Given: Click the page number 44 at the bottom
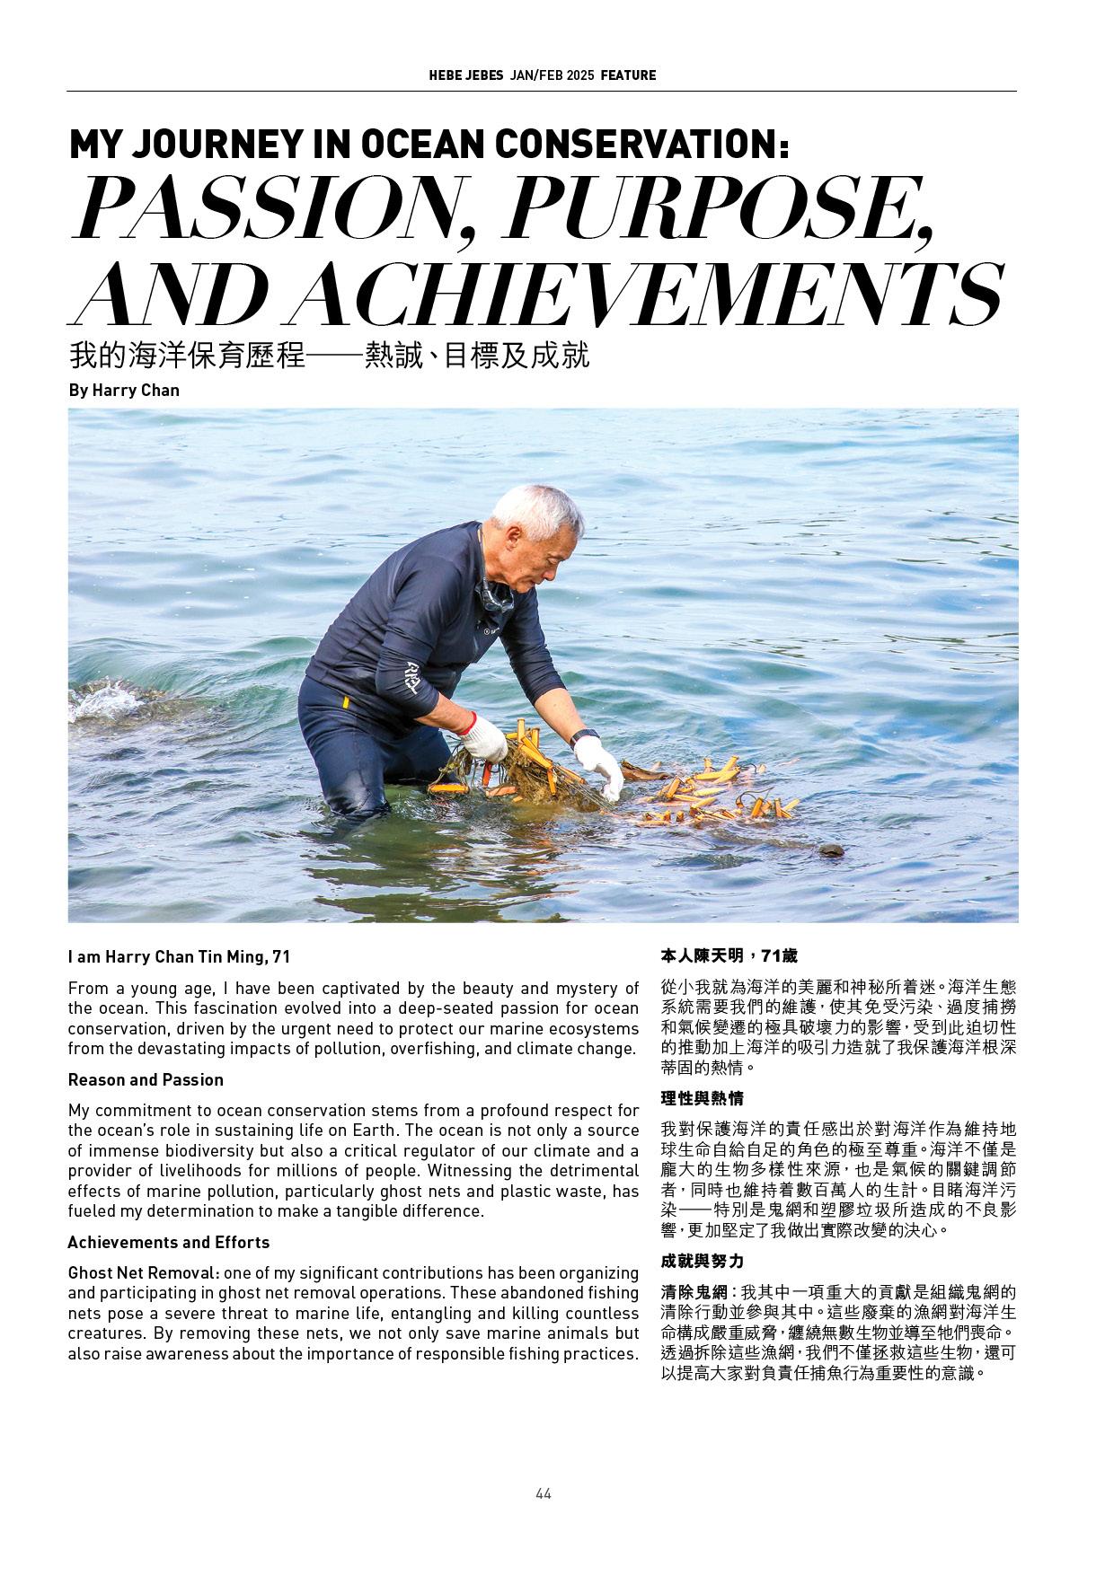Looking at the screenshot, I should (x=543, y=1493).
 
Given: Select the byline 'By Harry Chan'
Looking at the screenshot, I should (x=124, y=391).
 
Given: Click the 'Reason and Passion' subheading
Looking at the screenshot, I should (x=146, y=1079).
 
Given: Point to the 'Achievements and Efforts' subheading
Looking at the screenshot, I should (x=168, y=1242).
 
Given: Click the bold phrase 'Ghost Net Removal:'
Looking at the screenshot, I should (x=144, y=1272).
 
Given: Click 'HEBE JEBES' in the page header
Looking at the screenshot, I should (x=465, y=75).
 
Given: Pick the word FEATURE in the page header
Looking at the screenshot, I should (x=628, y=75).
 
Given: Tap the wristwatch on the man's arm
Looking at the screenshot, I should (x=585, y=735).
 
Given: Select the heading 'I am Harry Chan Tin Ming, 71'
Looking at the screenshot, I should (x=179, y=957).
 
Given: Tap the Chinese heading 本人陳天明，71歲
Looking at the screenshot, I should (x=729, y=955).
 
